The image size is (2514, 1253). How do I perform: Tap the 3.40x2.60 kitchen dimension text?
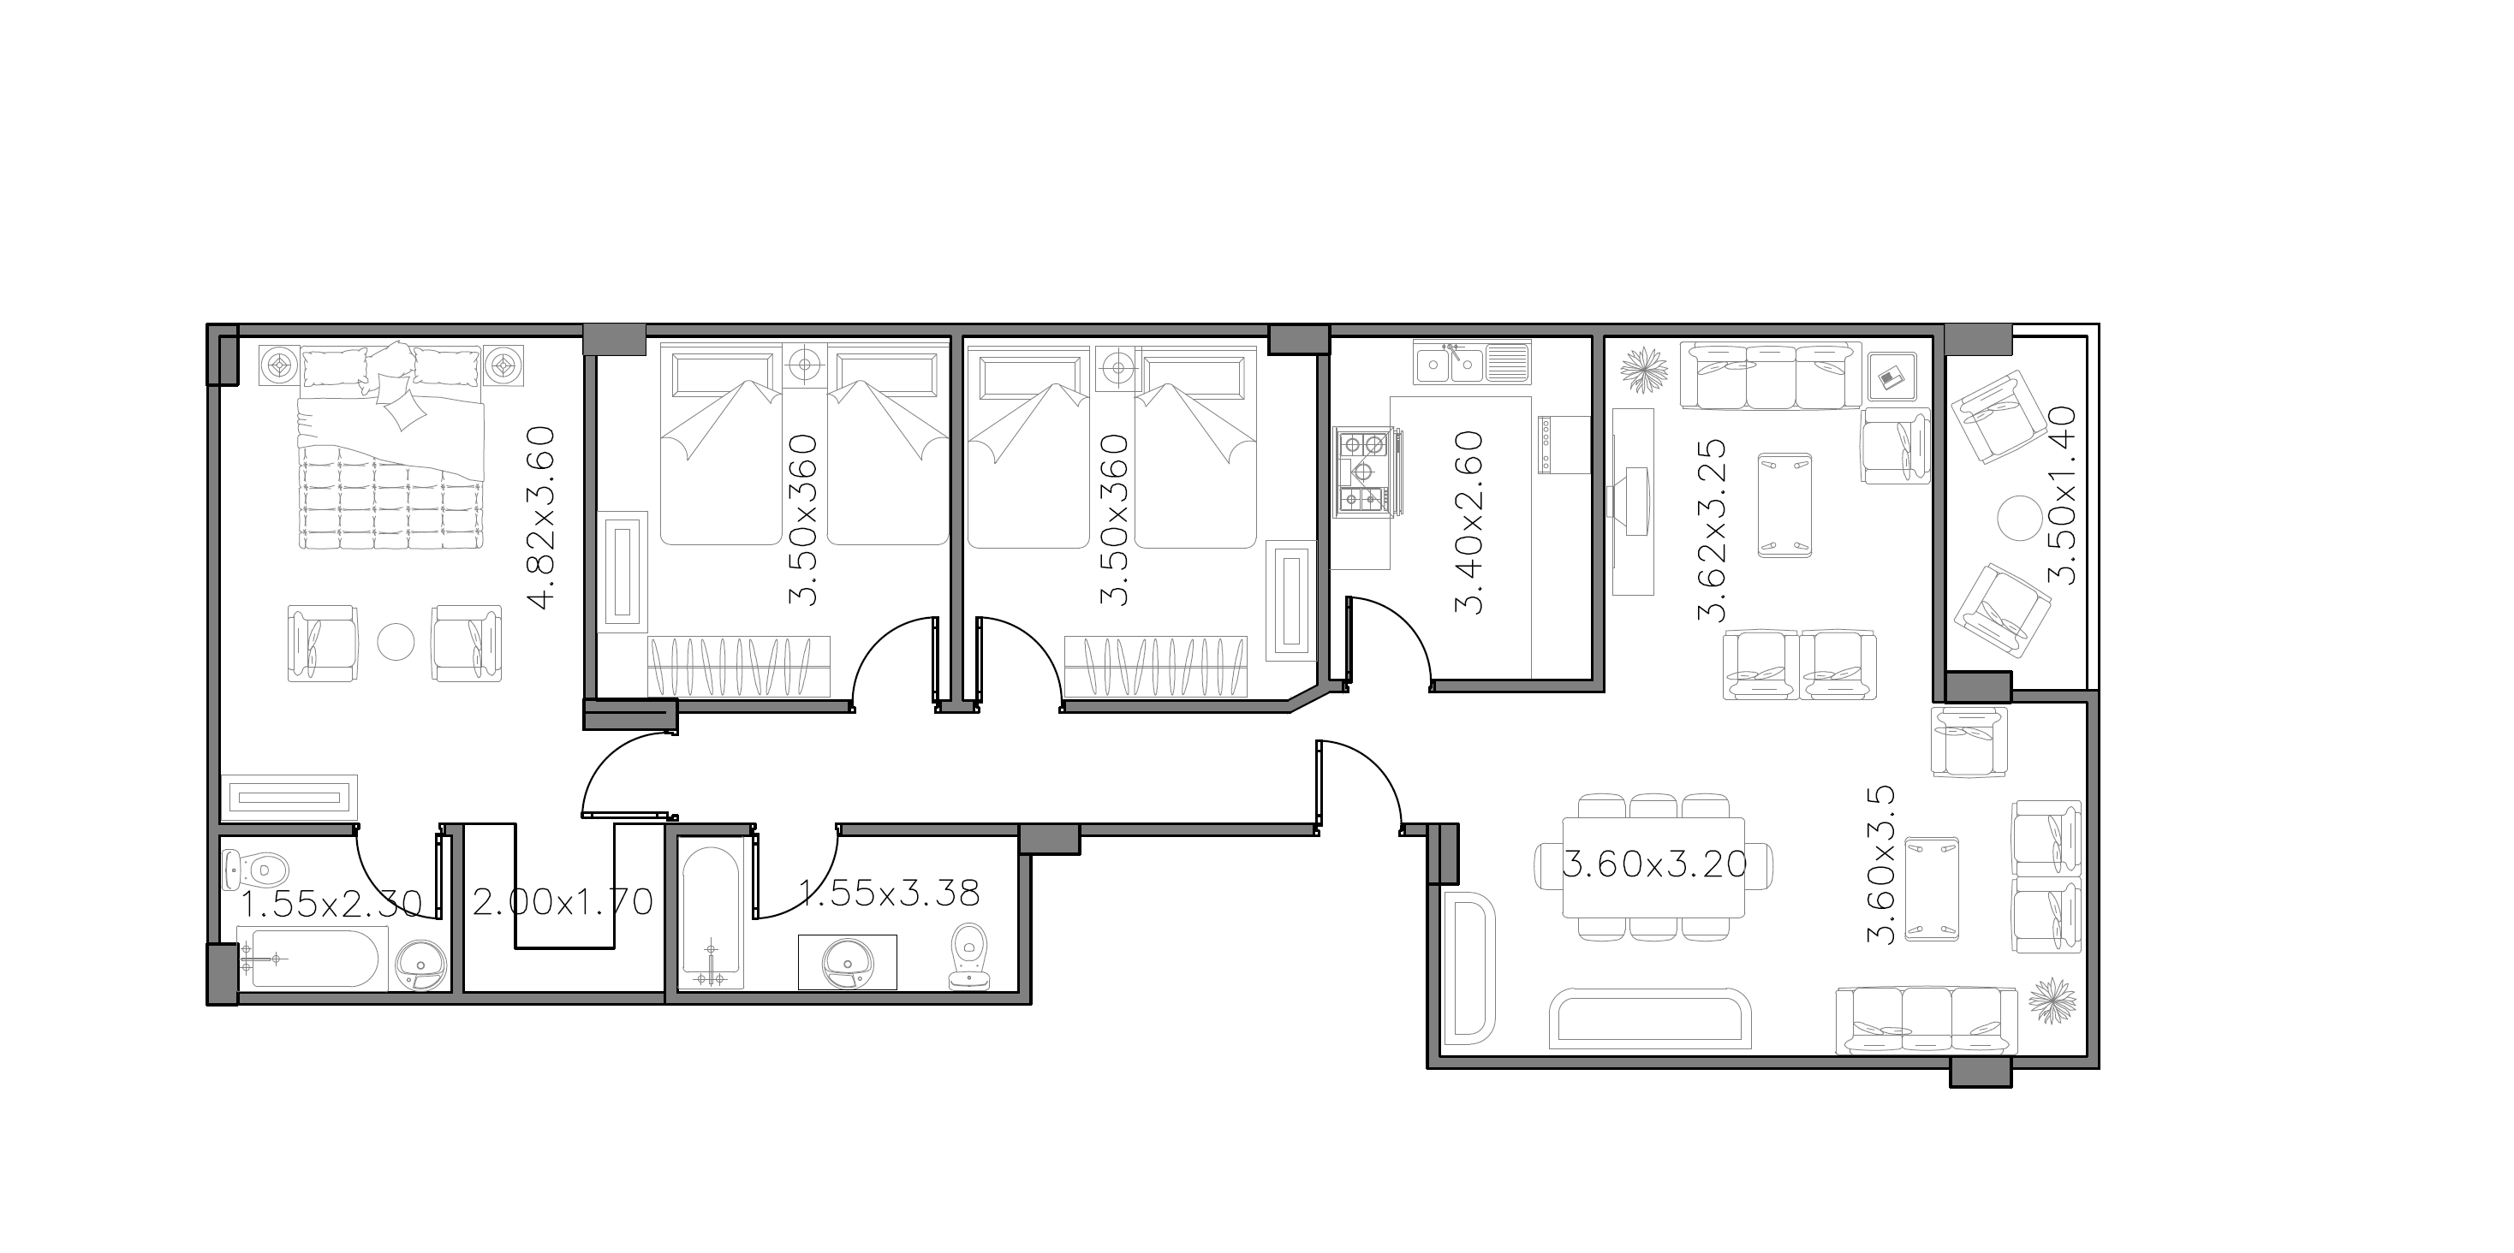(x=1468, y=522)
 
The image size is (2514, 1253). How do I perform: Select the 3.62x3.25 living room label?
(x=1713, y=530)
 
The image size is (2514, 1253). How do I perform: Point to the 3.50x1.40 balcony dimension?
(x=2062, y=495)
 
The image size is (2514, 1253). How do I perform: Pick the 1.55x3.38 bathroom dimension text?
(x=889, y=892)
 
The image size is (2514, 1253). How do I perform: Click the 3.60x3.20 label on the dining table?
(x=1655, y=864)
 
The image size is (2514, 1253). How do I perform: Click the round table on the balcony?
(x=2019, y=517)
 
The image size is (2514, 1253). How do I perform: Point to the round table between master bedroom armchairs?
(x=396, y=641)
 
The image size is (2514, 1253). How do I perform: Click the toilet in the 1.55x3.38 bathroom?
(x=969, y=956)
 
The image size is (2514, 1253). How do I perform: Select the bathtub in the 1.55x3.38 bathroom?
(x=711, y=917)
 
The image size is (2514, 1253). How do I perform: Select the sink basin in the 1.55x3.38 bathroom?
(x=848, y=962)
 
